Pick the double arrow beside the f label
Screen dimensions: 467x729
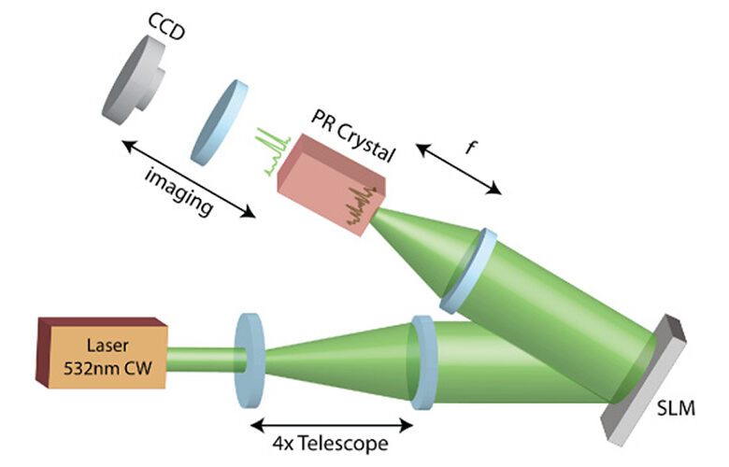pos(458,169)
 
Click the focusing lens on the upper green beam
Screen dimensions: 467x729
pos(466,270)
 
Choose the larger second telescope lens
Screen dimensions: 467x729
pos(422,362)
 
